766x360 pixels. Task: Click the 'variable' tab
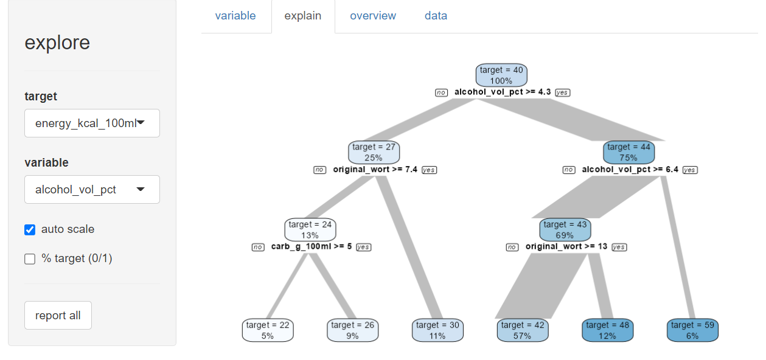click(x=235, y=16)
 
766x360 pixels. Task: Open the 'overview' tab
click(x=373, y=16)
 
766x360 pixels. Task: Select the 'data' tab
click(x=436, y=16)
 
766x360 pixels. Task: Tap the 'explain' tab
click(x=303, y=16)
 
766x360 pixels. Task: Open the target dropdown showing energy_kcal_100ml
click(x=92, y=123)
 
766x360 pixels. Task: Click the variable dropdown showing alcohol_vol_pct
click(x=92, y=190)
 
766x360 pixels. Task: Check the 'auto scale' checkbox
click(x=30, y=230)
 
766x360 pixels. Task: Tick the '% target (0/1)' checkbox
click(x=30, y=259)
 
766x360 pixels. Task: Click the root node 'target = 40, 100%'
click(x=501, y=75)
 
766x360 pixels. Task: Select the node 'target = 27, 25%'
click(x=374, y=152)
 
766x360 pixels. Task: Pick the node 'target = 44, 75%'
click(x=628, y=152)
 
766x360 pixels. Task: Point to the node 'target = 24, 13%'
click(x=310, y=229)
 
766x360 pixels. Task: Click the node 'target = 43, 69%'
click(x=565, y=229)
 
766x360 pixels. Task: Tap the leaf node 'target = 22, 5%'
click(x=268, y=330)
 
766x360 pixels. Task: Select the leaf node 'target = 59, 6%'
click(x=692, y=330)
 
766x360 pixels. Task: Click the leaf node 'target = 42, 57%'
click(x=522, y=330)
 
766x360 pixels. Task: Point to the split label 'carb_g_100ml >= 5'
click(x=312, y=247)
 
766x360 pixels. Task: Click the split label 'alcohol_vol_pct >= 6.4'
click(x=630, y=170)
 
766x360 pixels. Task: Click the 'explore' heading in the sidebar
click(x=57, y=43)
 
